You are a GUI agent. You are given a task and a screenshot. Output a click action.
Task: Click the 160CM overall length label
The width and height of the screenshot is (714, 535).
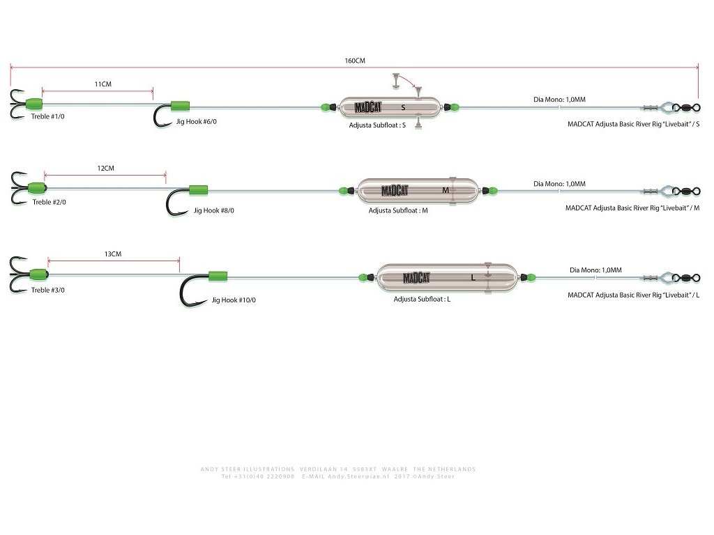[355, 61]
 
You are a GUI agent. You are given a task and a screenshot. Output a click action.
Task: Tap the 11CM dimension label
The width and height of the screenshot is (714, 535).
[102, 84]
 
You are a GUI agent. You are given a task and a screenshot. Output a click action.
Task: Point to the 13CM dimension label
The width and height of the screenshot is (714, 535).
[112, 254]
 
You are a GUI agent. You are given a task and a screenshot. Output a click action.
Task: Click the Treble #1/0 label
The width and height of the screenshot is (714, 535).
[48, 116]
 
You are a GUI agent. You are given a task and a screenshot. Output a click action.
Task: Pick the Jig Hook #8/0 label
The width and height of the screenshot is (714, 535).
[213, 210]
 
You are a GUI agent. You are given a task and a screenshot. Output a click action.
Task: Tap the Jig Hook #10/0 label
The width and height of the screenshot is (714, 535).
[234, 300]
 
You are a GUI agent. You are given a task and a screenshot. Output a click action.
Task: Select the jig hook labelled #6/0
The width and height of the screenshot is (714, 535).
[162, 116]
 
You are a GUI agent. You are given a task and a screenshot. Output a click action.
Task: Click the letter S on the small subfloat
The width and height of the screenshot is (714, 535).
[403, 108]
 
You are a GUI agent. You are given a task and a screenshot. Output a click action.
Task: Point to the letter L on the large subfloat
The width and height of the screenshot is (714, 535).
[473, 277]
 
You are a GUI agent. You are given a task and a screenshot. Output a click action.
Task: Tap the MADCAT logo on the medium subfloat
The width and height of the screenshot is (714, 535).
[395, 191]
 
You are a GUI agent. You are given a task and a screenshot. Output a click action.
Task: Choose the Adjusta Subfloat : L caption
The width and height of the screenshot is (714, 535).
[422, 298]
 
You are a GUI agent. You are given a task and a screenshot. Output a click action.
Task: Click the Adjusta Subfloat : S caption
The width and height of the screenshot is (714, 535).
[377, 126]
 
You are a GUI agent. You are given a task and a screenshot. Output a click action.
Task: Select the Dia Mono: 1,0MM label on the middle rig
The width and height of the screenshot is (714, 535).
[559, 184]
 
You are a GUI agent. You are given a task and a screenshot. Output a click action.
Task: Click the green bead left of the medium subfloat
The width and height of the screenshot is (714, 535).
[344, 190]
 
